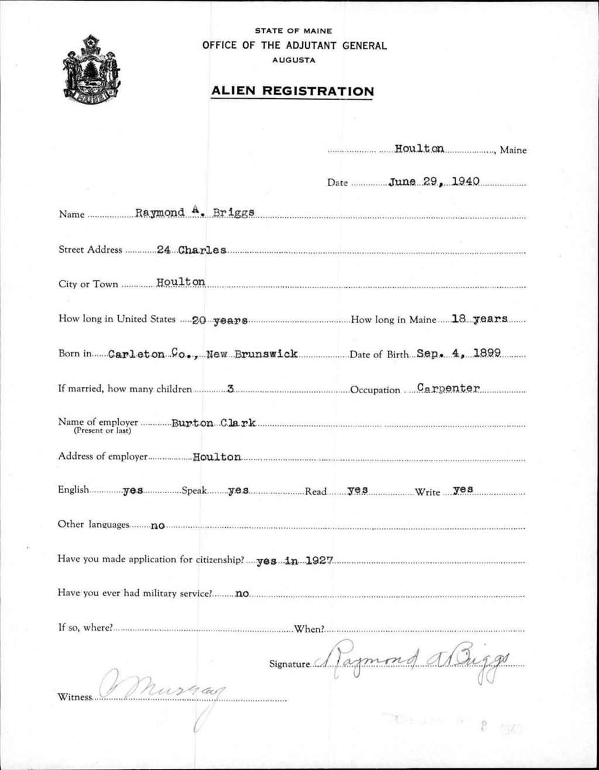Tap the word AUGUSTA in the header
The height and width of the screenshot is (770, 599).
293,60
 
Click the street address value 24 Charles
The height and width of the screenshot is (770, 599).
191,250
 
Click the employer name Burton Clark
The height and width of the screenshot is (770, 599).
213,423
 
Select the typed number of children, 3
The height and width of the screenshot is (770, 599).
230,389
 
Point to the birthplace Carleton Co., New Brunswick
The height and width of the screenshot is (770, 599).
203,354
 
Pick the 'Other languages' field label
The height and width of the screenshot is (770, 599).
94,524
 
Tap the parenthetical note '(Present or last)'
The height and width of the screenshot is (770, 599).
102,431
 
